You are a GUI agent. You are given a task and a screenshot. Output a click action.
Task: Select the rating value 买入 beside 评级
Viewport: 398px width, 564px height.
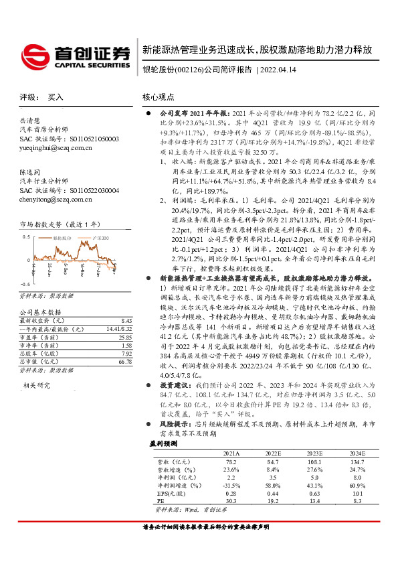click(x=56, y=97)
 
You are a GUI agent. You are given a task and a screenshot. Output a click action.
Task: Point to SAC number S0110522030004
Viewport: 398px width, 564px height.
click(x=89, y=190)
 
